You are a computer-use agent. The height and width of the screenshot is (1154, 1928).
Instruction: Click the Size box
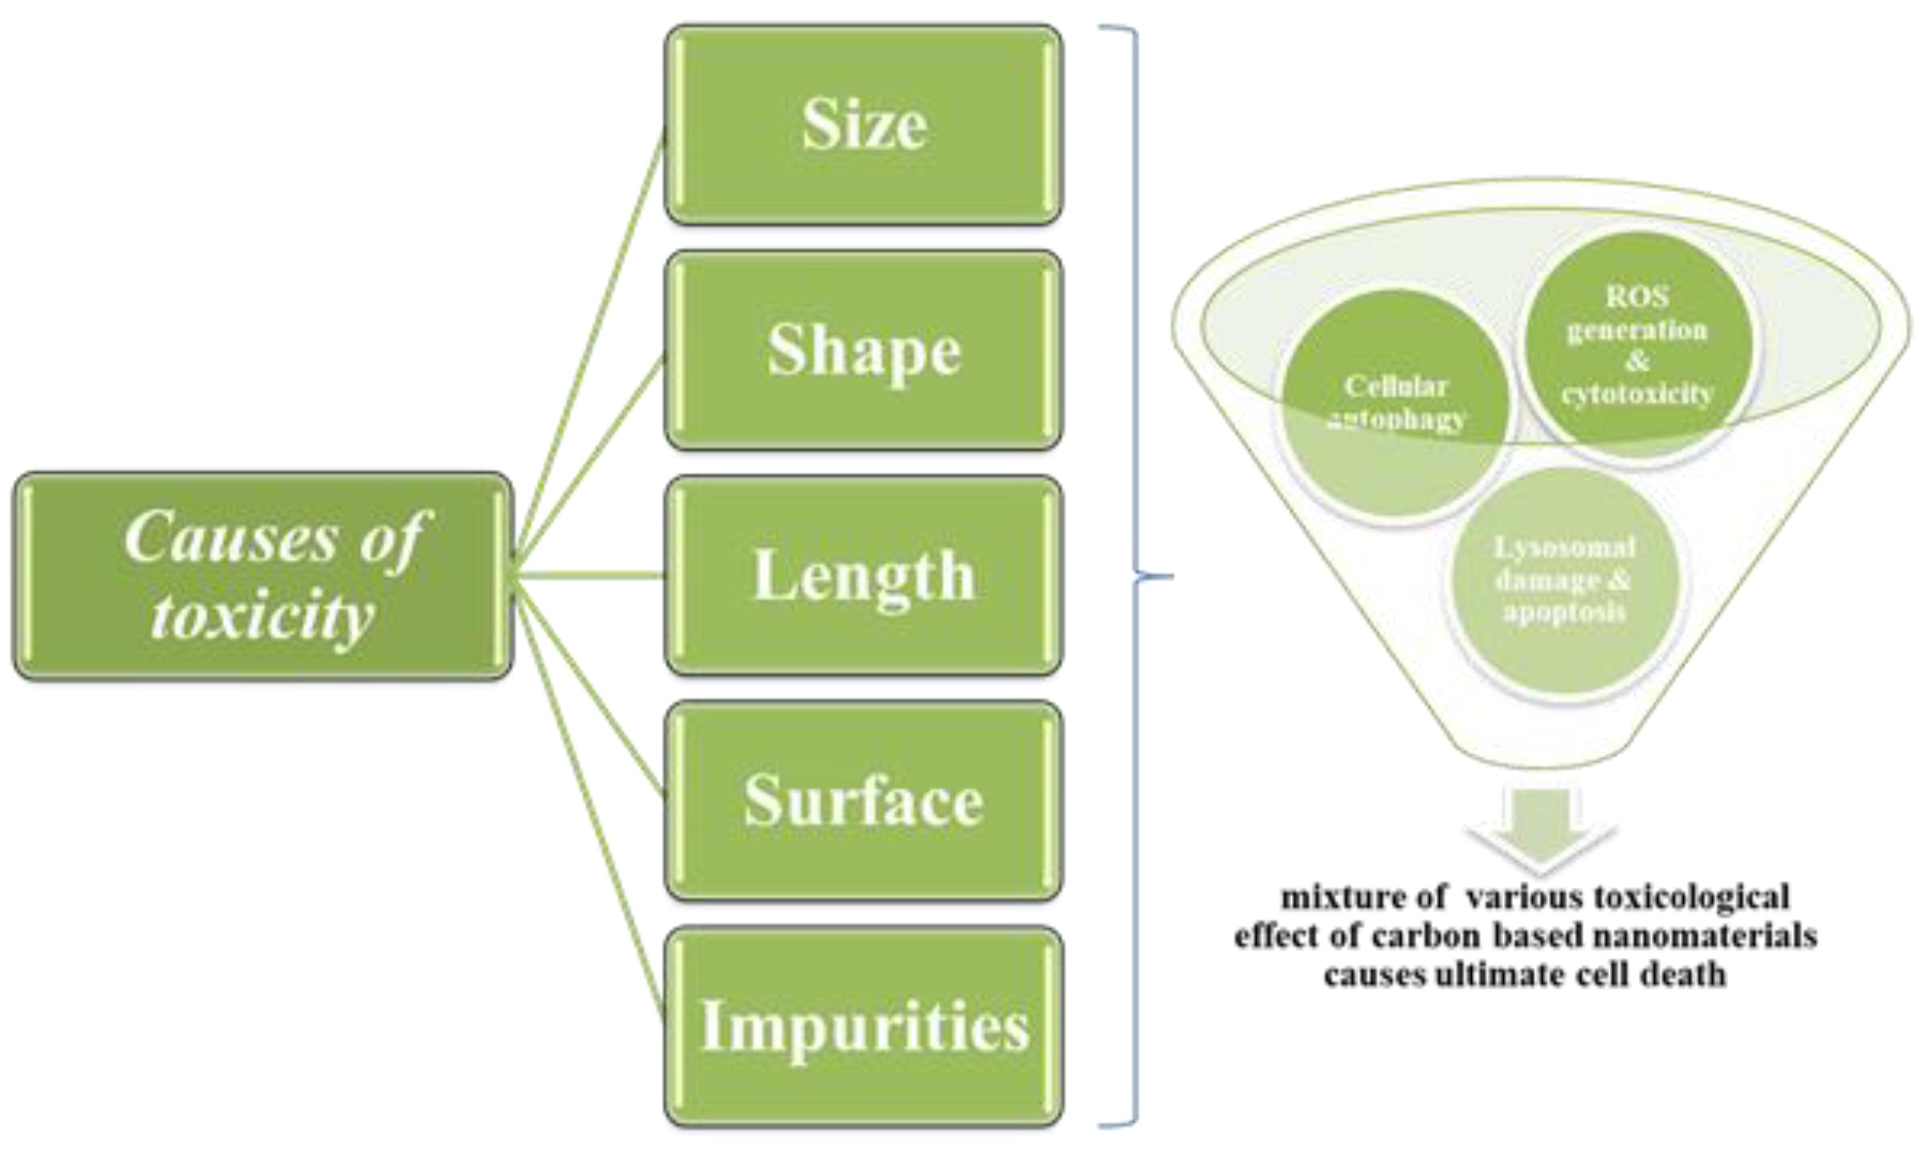point(863,124)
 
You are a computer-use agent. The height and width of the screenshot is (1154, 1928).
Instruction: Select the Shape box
point(863,350)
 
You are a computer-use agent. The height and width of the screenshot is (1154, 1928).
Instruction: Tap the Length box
point(863,575)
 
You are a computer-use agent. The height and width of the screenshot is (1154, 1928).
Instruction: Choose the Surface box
point(863,801)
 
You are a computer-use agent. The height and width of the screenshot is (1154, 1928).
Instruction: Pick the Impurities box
point(863,1027)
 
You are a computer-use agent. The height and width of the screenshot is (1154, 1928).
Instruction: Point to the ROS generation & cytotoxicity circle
point(1637,346)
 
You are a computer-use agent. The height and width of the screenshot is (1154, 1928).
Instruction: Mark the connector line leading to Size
point(591,342)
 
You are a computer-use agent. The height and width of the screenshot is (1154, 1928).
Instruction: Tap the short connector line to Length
point(591,575)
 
